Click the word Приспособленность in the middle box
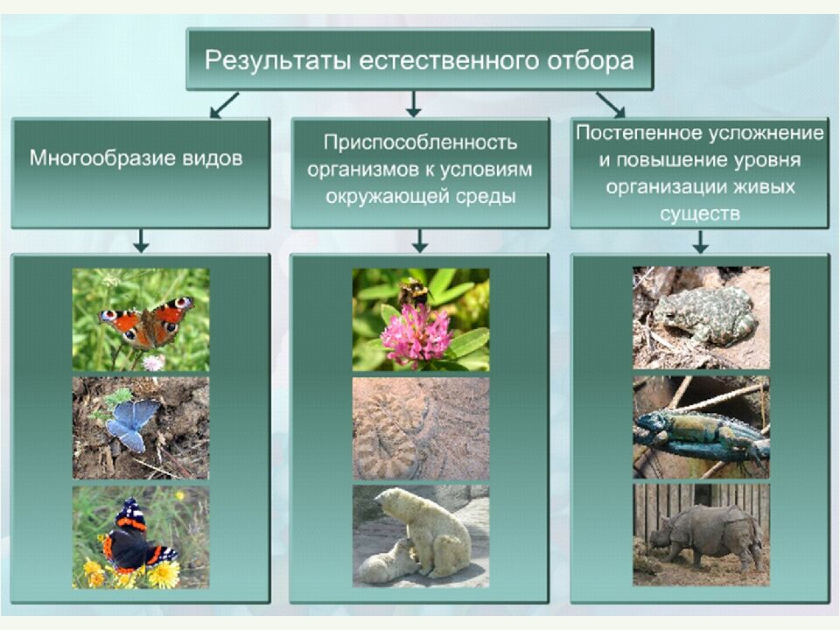(420, 143)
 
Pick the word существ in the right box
(700, 214)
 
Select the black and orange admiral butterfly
(137, 536)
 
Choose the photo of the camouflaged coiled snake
(421, 429)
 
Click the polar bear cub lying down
(386, 563)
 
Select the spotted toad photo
(701, 318)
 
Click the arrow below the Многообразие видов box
(141, 241)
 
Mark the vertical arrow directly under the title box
(413, 104)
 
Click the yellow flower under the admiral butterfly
(164, 574)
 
